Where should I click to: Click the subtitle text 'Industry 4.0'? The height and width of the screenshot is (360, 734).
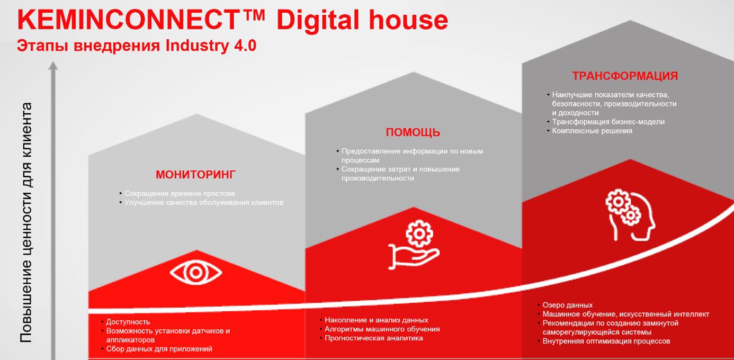[x=211, y=46]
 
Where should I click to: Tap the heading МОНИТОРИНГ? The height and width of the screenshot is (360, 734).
[x=195, y=175]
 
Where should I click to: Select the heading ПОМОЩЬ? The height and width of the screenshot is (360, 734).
[x=413, y=132]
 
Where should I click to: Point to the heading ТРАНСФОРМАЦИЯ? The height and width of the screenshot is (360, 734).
[x=625, y=76]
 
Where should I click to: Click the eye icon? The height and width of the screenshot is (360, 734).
[x=196, y=273]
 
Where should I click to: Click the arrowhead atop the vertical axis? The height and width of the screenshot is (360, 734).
[x=52, y=66]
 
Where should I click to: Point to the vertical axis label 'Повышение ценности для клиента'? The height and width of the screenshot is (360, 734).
[x=27, y=222]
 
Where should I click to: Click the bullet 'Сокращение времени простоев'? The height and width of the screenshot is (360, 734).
[x=180, y=194]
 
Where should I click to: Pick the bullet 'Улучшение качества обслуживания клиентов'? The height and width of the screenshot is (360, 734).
[x=204, y=202]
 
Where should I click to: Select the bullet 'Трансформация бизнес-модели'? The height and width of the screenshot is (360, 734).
[x=608, y=122]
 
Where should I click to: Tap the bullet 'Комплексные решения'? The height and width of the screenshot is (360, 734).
[x=592, y=131]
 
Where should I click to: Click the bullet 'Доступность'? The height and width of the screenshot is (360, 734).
[x=128, y=322]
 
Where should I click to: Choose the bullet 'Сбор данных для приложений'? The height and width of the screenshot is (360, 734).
[x=159, y=349]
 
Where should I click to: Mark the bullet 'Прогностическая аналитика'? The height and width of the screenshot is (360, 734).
[x=374, y=338]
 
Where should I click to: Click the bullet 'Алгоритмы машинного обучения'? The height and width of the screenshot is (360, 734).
[x=382, y=329]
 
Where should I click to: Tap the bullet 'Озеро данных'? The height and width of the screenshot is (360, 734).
[x=567, y=305]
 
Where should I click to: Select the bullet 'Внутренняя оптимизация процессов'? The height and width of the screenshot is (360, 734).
[x=606, y=341]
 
